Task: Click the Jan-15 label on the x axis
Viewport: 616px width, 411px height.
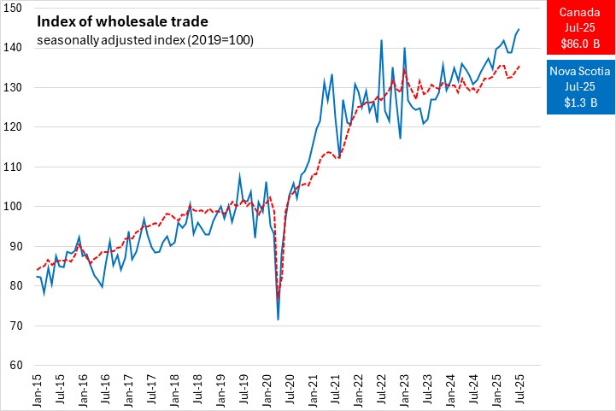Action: coord(38,390)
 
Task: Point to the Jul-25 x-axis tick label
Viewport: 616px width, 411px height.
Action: coord(519,390)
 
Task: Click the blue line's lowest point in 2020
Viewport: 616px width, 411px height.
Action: coord(279,319)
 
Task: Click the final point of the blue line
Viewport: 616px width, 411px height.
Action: coord(519,29)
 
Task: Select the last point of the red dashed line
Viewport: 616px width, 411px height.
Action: coord(519,66)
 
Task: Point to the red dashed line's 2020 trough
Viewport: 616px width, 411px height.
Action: coord(279,296)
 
